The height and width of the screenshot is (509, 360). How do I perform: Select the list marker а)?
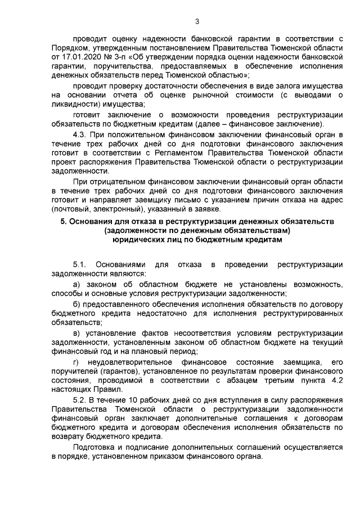click(77, 285)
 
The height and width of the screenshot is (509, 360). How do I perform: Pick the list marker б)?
click(77, 304)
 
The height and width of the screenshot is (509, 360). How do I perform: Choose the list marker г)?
click(76, 361)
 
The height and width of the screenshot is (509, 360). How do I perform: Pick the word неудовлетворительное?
click(131, 361)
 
